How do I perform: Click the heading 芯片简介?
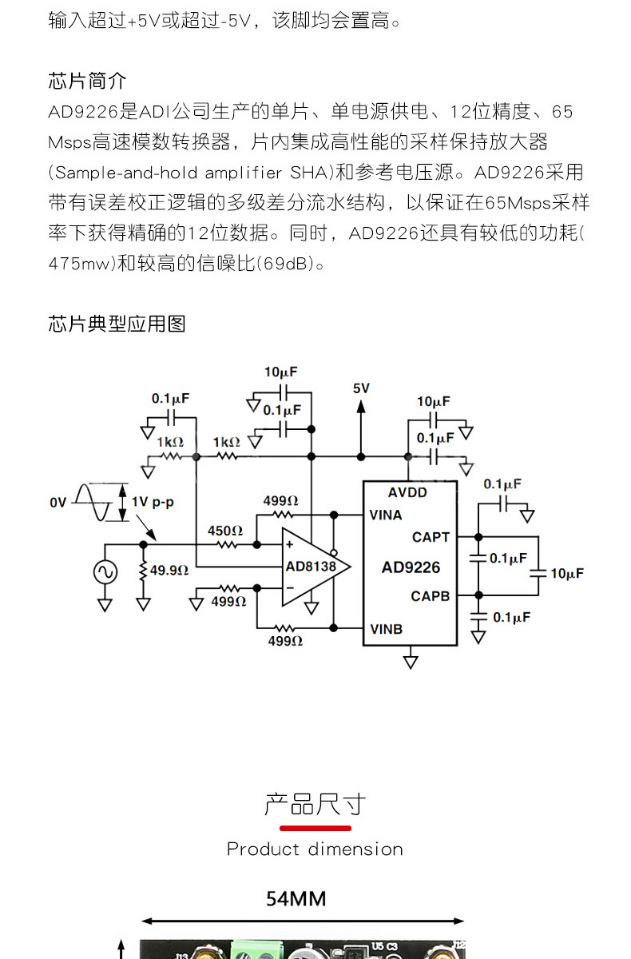[87, 81]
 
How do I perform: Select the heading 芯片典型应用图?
[117, 323]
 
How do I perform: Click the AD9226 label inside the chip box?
[411, 567]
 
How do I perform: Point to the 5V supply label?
[361, 388]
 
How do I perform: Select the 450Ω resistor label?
[224, 530]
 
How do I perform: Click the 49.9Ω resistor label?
[169, 570]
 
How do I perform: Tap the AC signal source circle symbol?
[105, 572]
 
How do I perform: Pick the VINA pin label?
[386, 515]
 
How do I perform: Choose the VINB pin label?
[386, 629]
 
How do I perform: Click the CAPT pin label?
[431, 537]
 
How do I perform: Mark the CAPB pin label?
[431, 596]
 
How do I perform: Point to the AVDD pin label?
[407, 492]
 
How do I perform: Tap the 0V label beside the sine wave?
[58, 503]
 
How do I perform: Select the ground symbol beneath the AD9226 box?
[411, 661]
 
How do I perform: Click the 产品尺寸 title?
[315, 804]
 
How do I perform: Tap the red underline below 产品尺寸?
[315, 828]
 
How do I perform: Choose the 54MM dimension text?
[296, 899]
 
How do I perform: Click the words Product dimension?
[315, 849]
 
